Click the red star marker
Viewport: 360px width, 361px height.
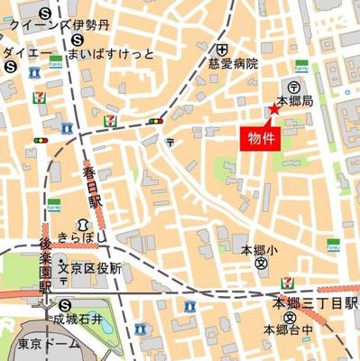pyautogui.click(x=273, y=110)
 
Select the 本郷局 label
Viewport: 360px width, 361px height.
pyautogui.click(x=294, y=101)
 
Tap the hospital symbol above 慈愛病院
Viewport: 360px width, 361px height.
pyautogui.click(x=220, y=48)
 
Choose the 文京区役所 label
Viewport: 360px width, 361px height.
pyautogui.click(x=90, y=267)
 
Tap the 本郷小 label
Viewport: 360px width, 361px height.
pyautogui.click(x=261, y=248)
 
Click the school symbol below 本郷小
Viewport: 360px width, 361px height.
pyautogui.click(x=261, y=264)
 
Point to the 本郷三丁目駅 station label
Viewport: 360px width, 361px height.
pyautogui.click(x=317, y=302)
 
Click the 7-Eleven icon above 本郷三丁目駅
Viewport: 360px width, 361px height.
pyautogui.click(x=287, y=283)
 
